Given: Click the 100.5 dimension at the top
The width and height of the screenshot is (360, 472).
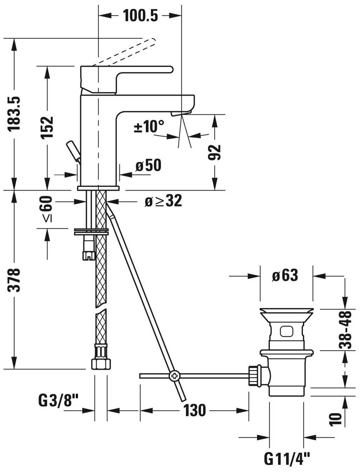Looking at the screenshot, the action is pyautogui.click(x=140, y=15).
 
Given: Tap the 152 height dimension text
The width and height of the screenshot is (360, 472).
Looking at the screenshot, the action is pyautogui.click(x=47, y=128).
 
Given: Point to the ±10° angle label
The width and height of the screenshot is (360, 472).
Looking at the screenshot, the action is pyautogui.click(x=149, y=126).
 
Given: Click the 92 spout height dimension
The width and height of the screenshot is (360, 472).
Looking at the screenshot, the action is pyautogui.click(x=214, y=153).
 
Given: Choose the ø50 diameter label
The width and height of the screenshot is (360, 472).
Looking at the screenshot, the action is pyautogui.click(x=148, y=165).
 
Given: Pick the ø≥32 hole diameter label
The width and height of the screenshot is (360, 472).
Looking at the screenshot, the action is pyautogui.click(x=163, y=201).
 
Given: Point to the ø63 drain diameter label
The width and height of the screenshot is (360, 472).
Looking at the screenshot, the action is pyautogui.click(x=285, y=275).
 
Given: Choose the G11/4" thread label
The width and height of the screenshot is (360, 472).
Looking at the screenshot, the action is pyautogui.click(x=287, y=458).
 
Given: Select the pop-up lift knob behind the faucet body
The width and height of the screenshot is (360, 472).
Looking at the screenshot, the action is pyautogui.click(x=74, y=152).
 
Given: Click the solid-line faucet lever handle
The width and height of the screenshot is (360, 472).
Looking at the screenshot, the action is pyautogui.click(x=127, y=79).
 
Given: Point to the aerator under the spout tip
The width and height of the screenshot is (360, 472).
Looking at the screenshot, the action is pyautogui.click(x=181, y=114).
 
